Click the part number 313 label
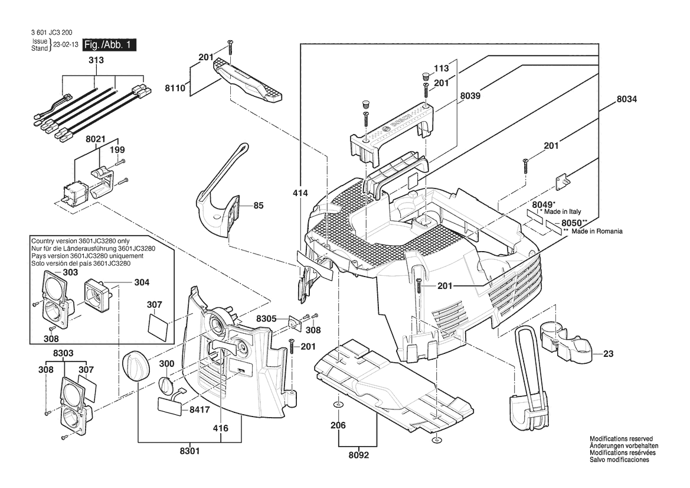click(96, 61)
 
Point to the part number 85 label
click(258, 206)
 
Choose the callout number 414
click(300, 193)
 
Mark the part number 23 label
click(609, 354)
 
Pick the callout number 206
click(338, 425)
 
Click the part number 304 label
click(142, 282)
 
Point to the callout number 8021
click(95, 139)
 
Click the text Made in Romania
click(597, 232)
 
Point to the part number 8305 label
click(266, 318)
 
